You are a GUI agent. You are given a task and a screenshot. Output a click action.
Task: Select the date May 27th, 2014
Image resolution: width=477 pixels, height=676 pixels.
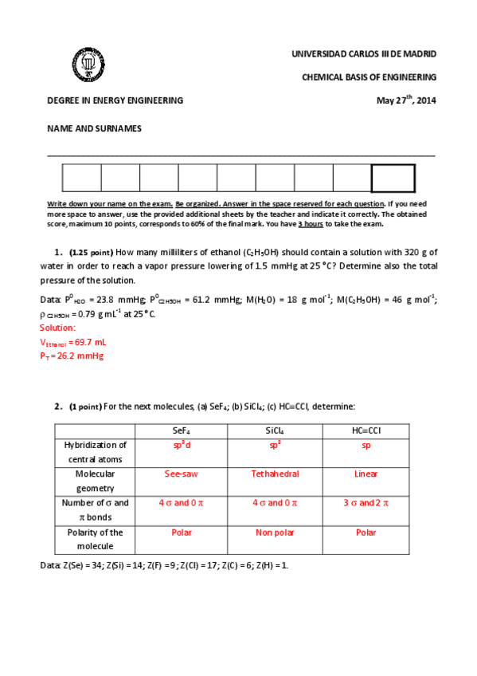click(406, 100)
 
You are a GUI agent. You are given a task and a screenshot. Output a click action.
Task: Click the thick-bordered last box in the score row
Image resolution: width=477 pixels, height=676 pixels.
click(393, 179)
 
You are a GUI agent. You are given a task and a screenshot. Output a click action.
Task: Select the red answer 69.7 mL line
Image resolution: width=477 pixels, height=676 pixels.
click(72, 342)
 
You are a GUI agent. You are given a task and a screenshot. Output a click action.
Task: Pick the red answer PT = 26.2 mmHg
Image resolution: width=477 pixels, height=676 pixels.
click(72, 356)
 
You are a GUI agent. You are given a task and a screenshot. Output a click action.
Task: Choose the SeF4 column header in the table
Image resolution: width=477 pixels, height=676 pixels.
click(181, 430)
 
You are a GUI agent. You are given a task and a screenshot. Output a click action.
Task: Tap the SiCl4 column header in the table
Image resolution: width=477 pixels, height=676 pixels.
click(275, 430)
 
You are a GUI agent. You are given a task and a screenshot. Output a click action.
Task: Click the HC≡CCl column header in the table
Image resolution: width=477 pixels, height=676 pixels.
click(365, 430)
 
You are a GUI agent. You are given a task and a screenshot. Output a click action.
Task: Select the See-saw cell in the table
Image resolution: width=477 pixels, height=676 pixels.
click(181, 474)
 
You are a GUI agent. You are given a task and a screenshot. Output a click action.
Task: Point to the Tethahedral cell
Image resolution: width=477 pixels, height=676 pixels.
click(275, 474)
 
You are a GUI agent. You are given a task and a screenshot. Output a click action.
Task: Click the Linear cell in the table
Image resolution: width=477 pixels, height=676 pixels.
click(365, 474)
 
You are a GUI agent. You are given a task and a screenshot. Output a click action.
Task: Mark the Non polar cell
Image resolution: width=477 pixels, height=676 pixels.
click(275, 532)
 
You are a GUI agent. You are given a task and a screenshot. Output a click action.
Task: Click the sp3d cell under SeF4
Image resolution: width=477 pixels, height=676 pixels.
click(181, 445)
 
